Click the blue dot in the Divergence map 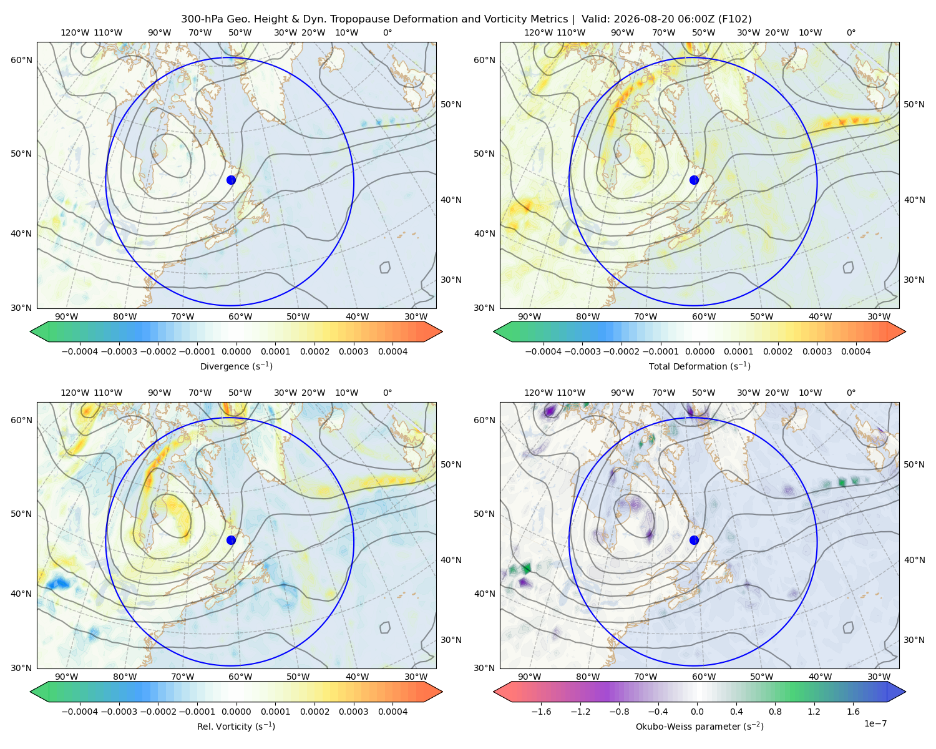(231, 180)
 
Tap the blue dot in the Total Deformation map (694, 180)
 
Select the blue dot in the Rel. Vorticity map (231, 540)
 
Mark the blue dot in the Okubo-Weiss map (694, 540)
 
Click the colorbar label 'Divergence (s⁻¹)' (236, 366)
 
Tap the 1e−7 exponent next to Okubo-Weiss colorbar (875, 723)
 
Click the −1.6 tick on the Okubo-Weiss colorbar (541, 711)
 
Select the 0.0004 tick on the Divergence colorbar (392, 351)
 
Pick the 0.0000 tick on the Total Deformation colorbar (700, 351)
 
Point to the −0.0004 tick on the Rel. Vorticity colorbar (80, 711)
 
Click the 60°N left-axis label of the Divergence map (21, 60)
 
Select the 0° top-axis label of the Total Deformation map (851, 32)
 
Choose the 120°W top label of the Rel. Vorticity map (75, 393)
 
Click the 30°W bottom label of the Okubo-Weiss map (879, 677)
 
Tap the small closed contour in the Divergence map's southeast (385, 267)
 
